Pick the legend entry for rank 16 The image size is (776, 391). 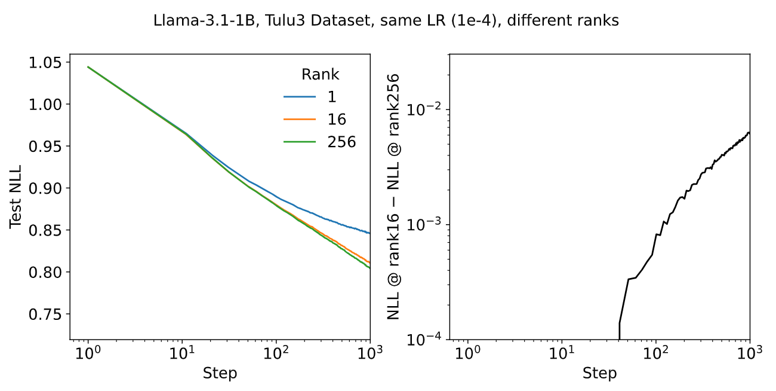tap(337, 119)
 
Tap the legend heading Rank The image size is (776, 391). tap(320, 75)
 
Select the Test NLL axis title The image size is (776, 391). tap(17, 197)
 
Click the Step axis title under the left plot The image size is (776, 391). tap(220, 374)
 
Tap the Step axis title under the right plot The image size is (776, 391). tap(599, 374)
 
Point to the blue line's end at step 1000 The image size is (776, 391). tap(369, 233)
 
